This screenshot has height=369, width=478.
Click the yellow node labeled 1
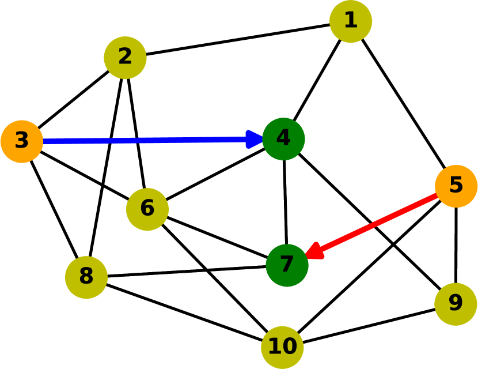pyautogui.click(x=350, y=21)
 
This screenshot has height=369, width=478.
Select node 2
pyautogui.click(x=125, y=58)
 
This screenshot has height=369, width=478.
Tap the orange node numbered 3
pyautogui.click(x=22, y=141)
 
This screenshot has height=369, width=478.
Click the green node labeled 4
pyautogui.click(x=283, y=139)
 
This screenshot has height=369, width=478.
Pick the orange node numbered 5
pyautogui.click(x=456, y=186)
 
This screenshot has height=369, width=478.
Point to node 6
pyautogui.click(x=147, y=209)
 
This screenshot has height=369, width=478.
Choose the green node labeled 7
pyautogui.click(x=287, y=265)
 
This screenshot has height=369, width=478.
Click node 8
pyautogui.click(x=86, y=277)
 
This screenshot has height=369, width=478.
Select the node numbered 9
pyautogui.click(x=455, y=304)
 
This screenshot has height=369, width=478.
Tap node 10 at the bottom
pyautogui.click(x=282, y=347)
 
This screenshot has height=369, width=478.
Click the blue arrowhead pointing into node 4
pyautogui.click(x=255, y=140)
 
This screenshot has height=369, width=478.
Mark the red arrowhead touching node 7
pyautogui.click(x=314, y=252)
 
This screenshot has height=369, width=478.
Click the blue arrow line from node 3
pyautogui.click(x=144, y=140)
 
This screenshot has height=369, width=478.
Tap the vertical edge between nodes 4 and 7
pyautogui.click(x=285, y=202)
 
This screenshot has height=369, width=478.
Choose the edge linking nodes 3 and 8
pyautogui.click(x=54, y=209)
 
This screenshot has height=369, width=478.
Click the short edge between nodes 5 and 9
pyautogui.click(x=456, y=245)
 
